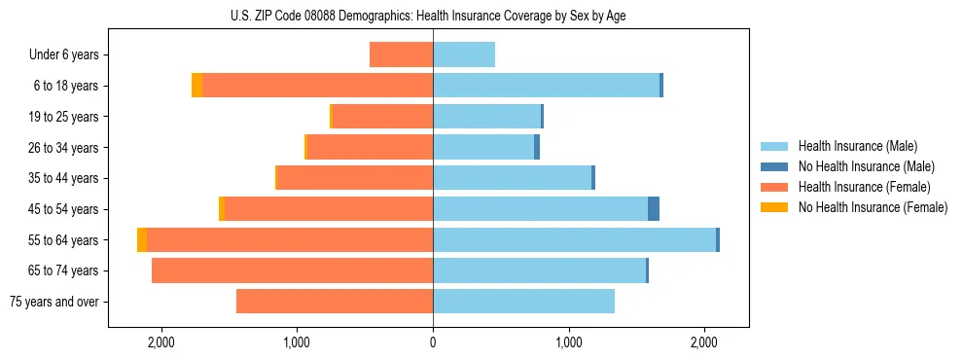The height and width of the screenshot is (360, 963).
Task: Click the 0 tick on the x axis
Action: click(433, 342)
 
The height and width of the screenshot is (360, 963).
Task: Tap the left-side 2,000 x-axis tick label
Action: click(160, 342)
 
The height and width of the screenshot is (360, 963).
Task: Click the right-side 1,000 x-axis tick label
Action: click(569, 342)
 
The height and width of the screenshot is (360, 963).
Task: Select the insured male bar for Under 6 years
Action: click(464, 54)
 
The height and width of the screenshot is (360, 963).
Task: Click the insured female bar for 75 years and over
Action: click(335, 302)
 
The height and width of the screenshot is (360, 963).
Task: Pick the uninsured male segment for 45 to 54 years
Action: click(654, 209)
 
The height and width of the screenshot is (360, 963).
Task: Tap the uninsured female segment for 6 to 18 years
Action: click(196, 86)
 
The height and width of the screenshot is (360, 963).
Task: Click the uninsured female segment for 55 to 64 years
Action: click(142, 239)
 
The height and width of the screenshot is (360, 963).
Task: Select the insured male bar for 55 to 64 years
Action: click(574, 239)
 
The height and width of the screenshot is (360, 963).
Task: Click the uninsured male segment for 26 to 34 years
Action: click(537, 147)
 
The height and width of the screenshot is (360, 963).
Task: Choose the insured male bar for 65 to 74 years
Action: click(539, 270)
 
